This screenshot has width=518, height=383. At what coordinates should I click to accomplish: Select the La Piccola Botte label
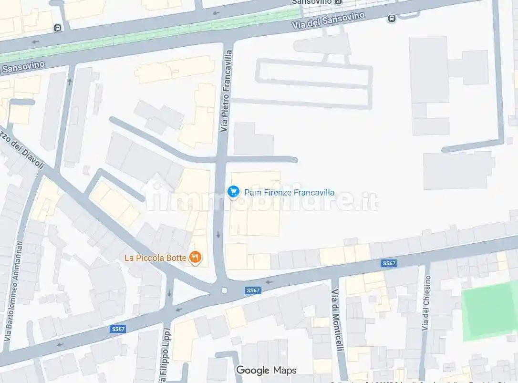click(x=155, y=258)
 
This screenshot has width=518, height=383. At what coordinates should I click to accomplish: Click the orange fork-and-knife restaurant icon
click(x=196, y=258)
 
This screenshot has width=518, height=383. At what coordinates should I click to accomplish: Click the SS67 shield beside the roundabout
click(x=253, y=290)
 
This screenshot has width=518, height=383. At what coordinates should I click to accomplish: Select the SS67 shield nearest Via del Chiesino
click(x=389, y=263)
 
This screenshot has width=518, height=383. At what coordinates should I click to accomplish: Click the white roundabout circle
click(x=224, y=290)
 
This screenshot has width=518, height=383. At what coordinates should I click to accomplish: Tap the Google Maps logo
click(x=266, y=370)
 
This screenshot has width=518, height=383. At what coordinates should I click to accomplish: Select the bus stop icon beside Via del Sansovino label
click(x=392, y=19)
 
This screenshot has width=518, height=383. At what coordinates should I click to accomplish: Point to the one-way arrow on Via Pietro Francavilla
click(x=218, y=234)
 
